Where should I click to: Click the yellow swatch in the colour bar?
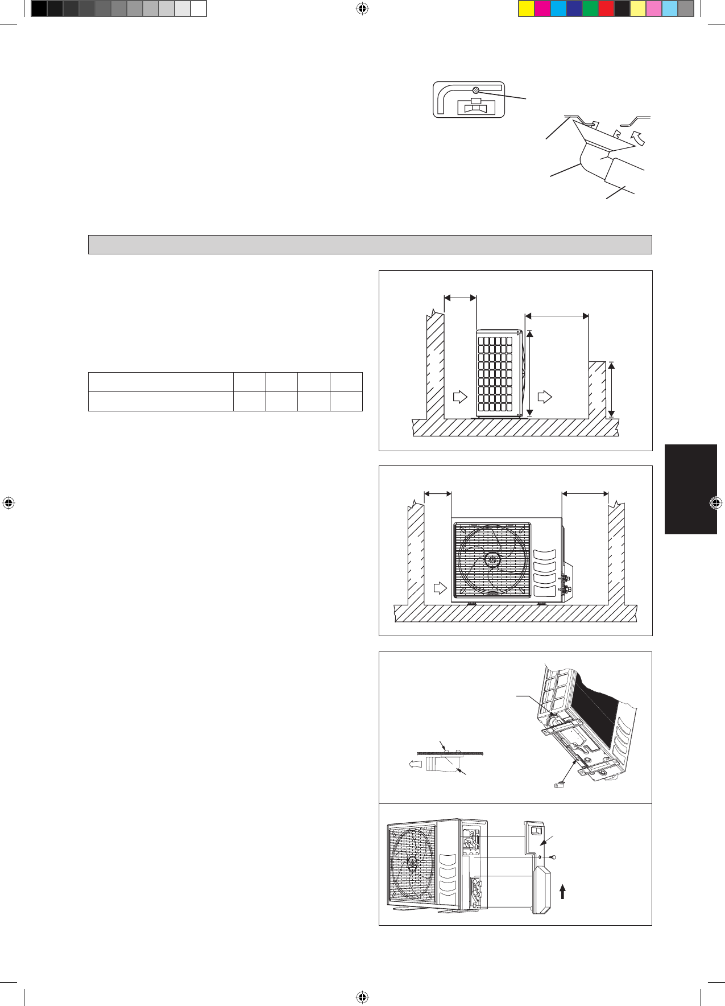[x=527, y=9]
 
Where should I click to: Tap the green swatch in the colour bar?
[x=590, y=9]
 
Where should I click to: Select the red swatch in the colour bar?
[x=606, y=9]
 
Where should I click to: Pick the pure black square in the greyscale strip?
[x=39, y=9]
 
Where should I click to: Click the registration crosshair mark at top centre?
[x=362, y=9]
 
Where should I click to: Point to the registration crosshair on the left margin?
[x=9, y=503]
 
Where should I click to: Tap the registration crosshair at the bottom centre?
[x=362, y=997]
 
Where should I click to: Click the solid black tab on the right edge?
[x=690, y=489]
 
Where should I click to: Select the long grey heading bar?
[x=370, y=245]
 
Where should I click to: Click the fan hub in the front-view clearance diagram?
[x=491, y=560]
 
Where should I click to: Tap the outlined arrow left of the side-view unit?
[x=459, y=396]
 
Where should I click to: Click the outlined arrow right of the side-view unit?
[x=544, y=396]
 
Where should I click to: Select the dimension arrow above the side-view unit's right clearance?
[x=557, y=315]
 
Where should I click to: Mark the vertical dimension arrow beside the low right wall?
[x=611, y=390]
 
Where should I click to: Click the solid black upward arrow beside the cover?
[x=562, y=891]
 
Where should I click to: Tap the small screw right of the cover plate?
[x=552, y=857]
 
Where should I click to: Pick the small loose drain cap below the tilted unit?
[x=560, y=785]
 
